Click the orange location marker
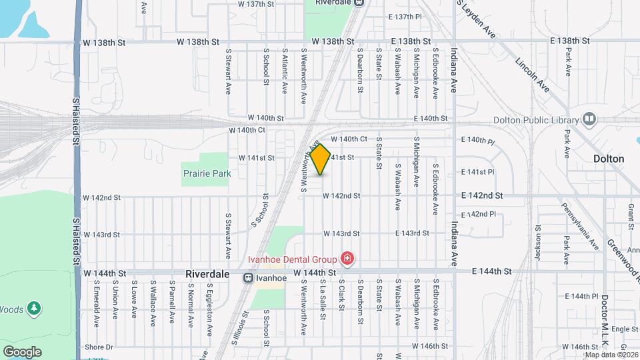point(321,159)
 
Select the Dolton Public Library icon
point(589,120)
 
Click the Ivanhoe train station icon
point(248,277)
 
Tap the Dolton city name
point(609,159)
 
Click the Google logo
point(22,351)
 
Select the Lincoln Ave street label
point(533,75)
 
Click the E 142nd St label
point(481,196)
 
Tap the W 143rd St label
point(341,233)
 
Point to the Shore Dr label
point(99,347)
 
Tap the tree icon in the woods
point(34,309)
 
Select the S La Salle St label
point(322,297)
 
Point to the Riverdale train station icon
point(359,3)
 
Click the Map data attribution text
point(611,354)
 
